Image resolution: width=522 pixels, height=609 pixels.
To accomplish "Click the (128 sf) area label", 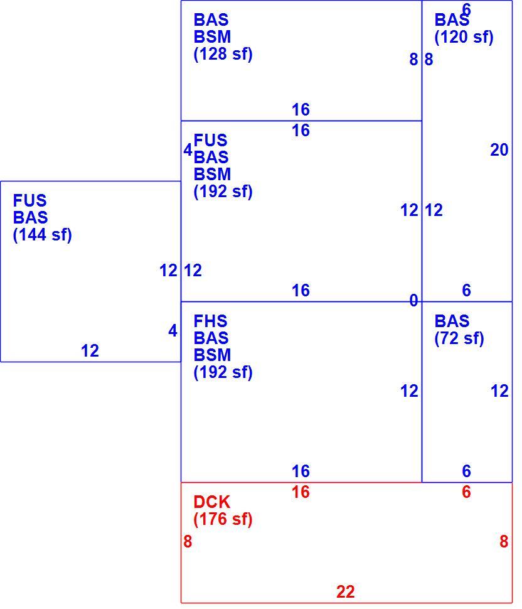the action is pos(223,53).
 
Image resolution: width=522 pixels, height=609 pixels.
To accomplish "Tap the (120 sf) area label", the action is pos(464,37).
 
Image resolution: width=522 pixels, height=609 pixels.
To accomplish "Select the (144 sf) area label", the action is pos(42,235).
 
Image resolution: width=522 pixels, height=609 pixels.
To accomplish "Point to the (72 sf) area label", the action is pos(459,338).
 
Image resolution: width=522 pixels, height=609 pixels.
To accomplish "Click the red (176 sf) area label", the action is pos(223,519).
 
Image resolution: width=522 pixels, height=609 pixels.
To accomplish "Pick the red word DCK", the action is pos(211,502).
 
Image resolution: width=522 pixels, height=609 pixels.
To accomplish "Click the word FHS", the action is pos(210,321).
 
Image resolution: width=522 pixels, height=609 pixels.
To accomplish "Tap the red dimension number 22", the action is pos(346,592).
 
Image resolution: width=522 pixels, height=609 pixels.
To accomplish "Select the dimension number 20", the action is pos(499,150).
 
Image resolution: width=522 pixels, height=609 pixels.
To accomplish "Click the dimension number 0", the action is pos(413,301).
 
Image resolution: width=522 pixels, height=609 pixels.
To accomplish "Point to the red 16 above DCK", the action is pos(301,492).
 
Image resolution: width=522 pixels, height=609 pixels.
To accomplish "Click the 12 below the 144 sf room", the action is pos(90,351).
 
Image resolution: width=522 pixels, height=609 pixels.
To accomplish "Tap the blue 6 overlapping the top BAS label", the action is pos(466,9).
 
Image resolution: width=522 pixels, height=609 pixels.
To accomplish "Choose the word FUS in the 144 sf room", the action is pos(29,201).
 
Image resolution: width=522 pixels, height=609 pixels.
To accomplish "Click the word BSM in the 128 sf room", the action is pos(212,37).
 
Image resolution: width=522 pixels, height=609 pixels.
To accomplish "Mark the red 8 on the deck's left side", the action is pos(188,541).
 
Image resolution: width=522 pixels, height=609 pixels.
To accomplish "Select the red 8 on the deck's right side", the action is pos(504,541).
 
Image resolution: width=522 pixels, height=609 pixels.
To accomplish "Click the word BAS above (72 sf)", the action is pos(452,321).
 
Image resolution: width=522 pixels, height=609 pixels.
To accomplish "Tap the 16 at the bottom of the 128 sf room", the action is pos(301,109).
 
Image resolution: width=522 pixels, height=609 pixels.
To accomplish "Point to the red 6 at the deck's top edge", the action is pos(466,492).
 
